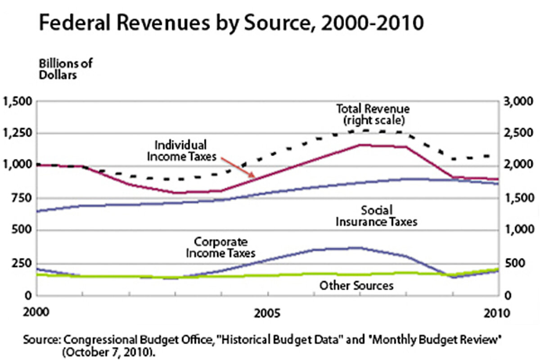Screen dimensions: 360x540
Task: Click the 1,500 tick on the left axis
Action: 17,101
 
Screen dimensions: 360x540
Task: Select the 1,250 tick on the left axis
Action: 17,134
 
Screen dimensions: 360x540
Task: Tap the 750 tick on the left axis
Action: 22,198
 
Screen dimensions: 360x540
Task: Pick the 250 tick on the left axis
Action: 22,263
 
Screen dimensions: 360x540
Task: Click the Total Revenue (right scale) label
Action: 373,115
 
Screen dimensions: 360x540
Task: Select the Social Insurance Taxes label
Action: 377,216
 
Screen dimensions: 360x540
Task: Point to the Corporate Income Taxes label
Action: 220,247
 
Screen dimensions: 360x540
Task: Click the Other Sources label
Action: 356,285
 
